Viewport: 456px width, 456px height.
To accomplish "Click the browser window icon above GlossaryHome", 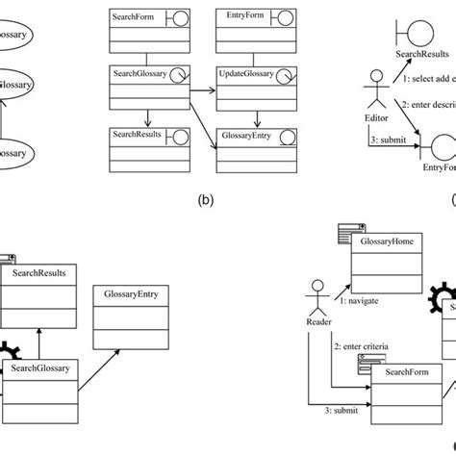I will point(348,230).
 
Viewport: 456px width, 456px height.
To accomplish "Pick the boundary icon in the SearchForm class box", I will point(177,17).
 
